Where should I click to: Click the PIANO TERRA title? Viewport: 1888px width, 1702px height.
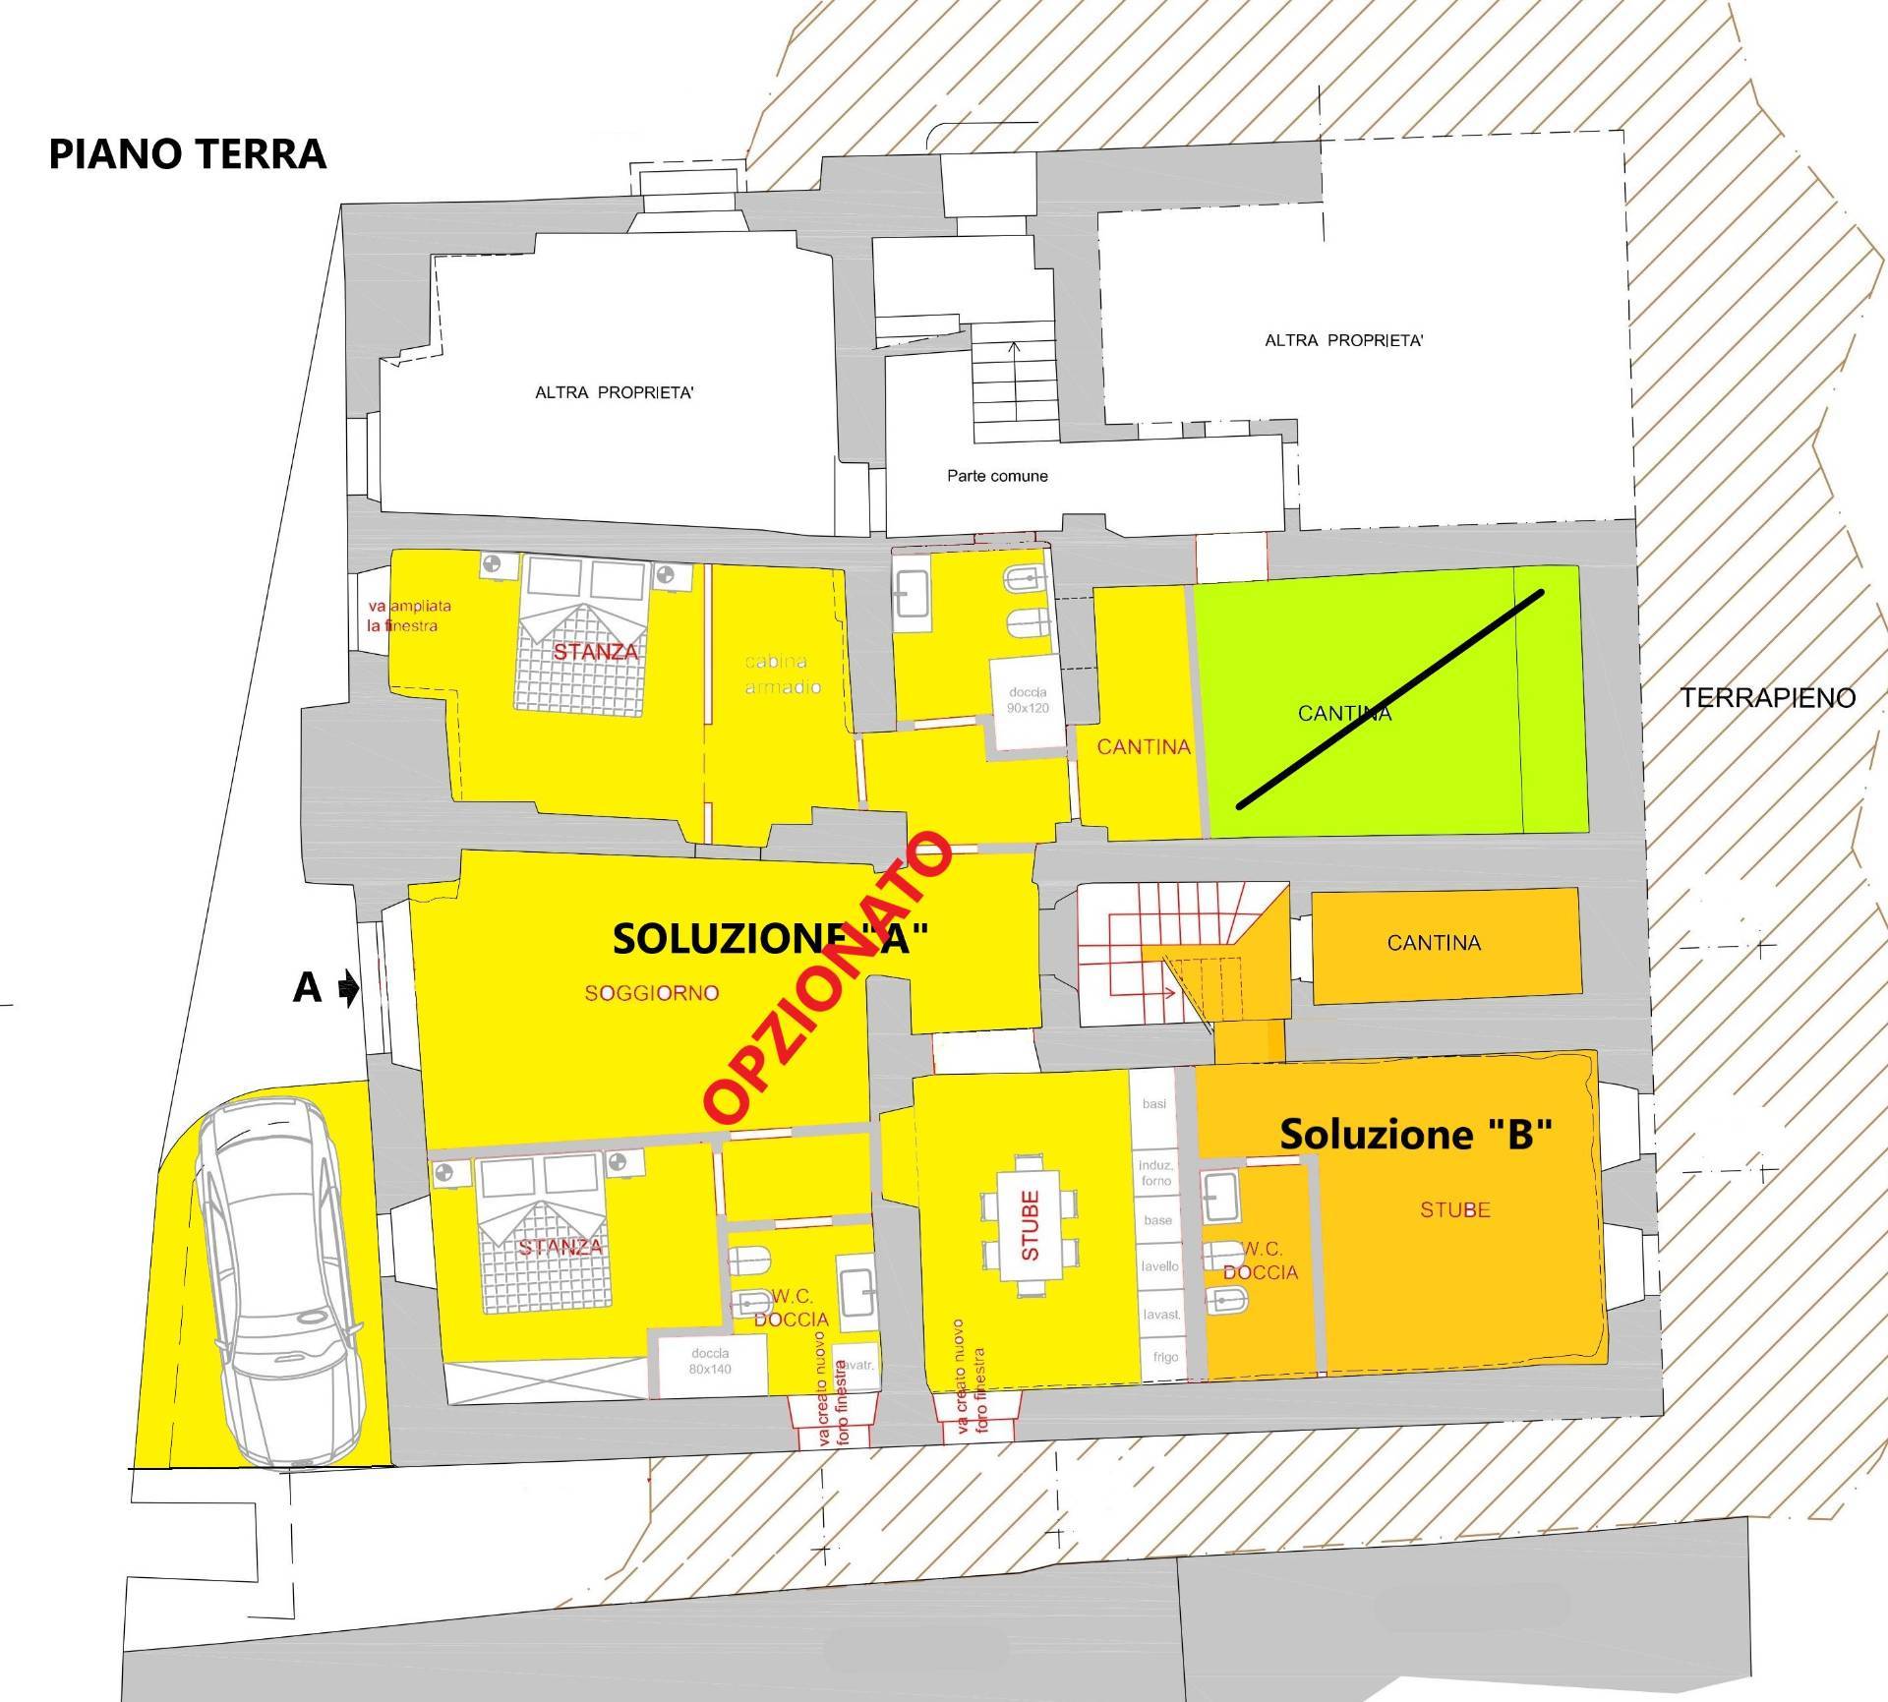click(x=187, y=154)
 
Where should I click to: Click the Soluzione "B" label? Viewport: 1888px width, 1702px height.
click(x=1415, y=1134)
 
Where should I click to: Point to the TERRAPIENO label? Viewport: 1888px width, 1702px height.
click(x=1767, y=698)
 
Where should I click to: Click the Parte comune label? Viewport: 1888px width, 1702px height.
click(x=997, y=476)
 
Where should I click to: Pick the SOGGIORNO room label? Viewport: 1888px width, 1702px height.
click(x=652, y=993)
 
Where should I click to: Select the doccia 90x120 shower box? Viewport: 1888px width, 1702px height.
click(x=1029, y=700)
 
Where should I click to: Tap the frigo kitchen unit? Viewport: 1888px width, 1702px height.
click(x=1165, y=1357)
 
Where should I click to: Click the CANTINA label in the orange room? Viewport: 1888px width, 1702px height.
click(x=1434, y=943)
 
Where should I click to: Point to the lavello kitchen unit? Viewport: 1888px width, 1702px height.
click(x=1160, y=1266)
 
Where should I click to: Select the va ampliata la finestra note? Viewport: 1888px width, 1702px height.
click(x=409, y=616)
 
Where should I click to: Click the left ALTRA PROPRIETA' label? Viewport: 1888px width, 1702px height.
click(x=615, y=393)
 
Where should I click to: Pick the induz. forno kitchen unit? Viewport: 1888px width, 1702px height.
click(x=1156, y=1173)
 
